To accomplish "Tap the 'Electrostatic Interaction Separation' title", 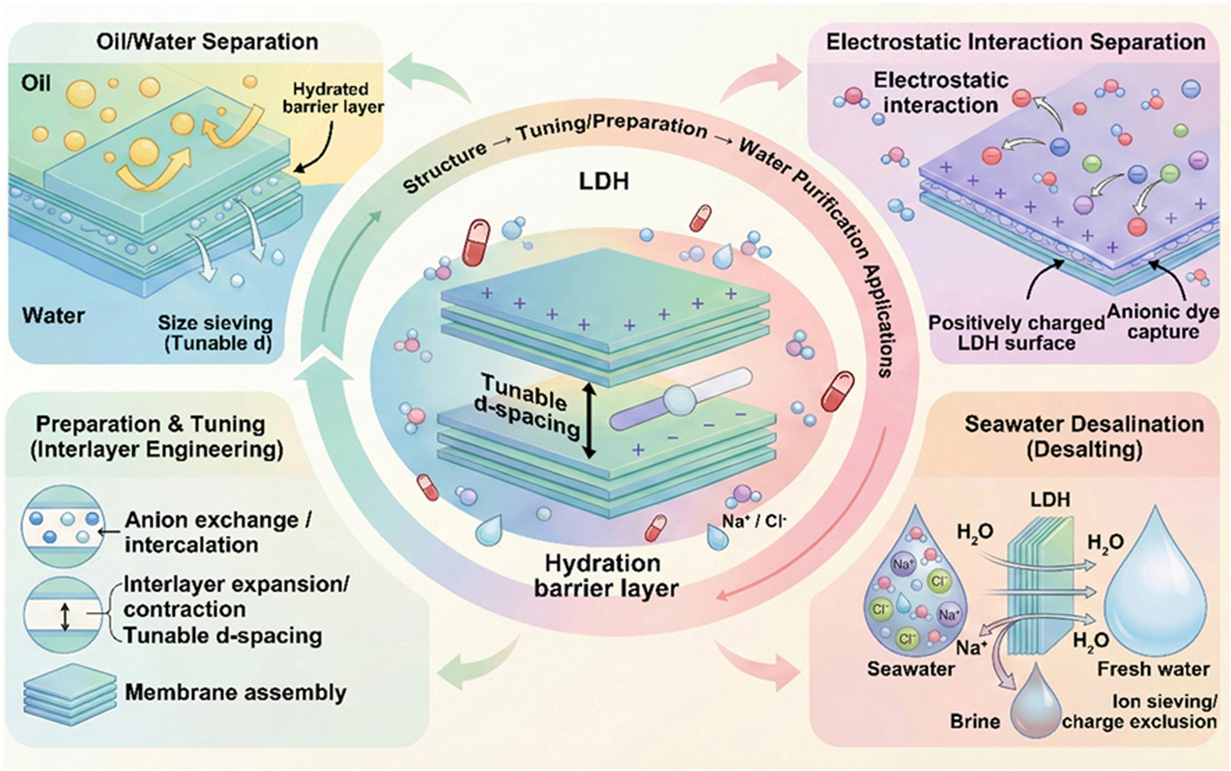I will click(x=1015, y=42).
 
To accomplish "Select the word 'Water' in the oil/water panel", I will click(x=54, y=314).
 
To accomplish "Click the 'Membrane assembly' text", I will click(x=235, y=693).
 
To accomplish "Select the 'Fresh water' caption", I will click(x=1153, y=668).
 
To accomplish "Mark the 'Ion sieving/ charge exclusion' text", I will click(x=1139, y=712).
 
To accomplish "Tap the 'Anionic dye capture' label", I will click(x=1162, y=321).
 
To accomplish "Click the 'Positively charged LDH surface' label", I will click(x=1016, y=332).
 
